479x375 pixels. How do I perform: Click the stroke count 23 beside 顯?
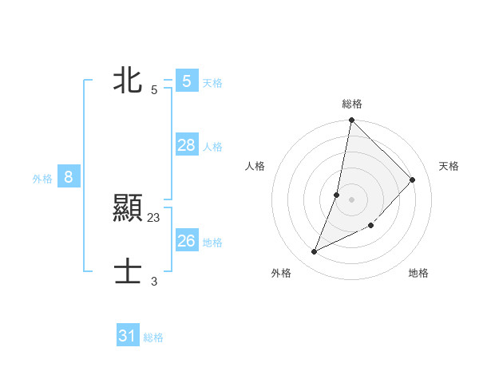coord(154,217)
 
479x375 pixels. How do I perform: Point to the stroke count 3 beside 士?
coord(154,281)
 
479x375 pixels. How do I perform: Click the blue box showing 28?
coord(186,145)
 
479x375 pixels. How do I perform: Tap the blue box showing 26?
coord(186,241)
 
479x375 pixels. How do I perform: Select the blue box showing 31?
coord(127,336)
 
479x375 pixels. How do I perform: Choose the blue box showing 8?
coord(69,178)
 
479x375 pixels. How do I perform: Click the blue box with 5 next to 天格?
coord(186,81)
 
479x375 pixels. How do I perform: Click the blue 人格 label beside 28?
coord(212,147)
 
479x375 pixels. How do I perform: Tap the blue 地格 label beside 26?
coord(212,243)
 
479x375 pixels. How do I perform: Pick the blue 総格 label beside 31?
coord(153,337)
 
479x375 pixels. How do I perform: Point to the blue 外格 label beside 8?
coord(42,180)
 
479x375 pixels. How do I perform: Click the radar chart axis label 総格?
coord(352,104)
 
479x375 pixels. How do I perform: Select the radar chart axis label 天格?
coord(449,166)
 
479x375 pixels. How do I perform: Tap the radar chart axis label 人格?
coord(255,166)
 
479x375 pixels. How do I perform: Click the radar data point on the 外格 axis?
coord(315,252)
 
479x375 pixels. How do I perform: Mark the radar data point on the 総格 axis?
coord(351,120)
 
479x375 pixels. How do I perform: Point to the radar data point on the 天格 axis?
coord(413,180)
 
